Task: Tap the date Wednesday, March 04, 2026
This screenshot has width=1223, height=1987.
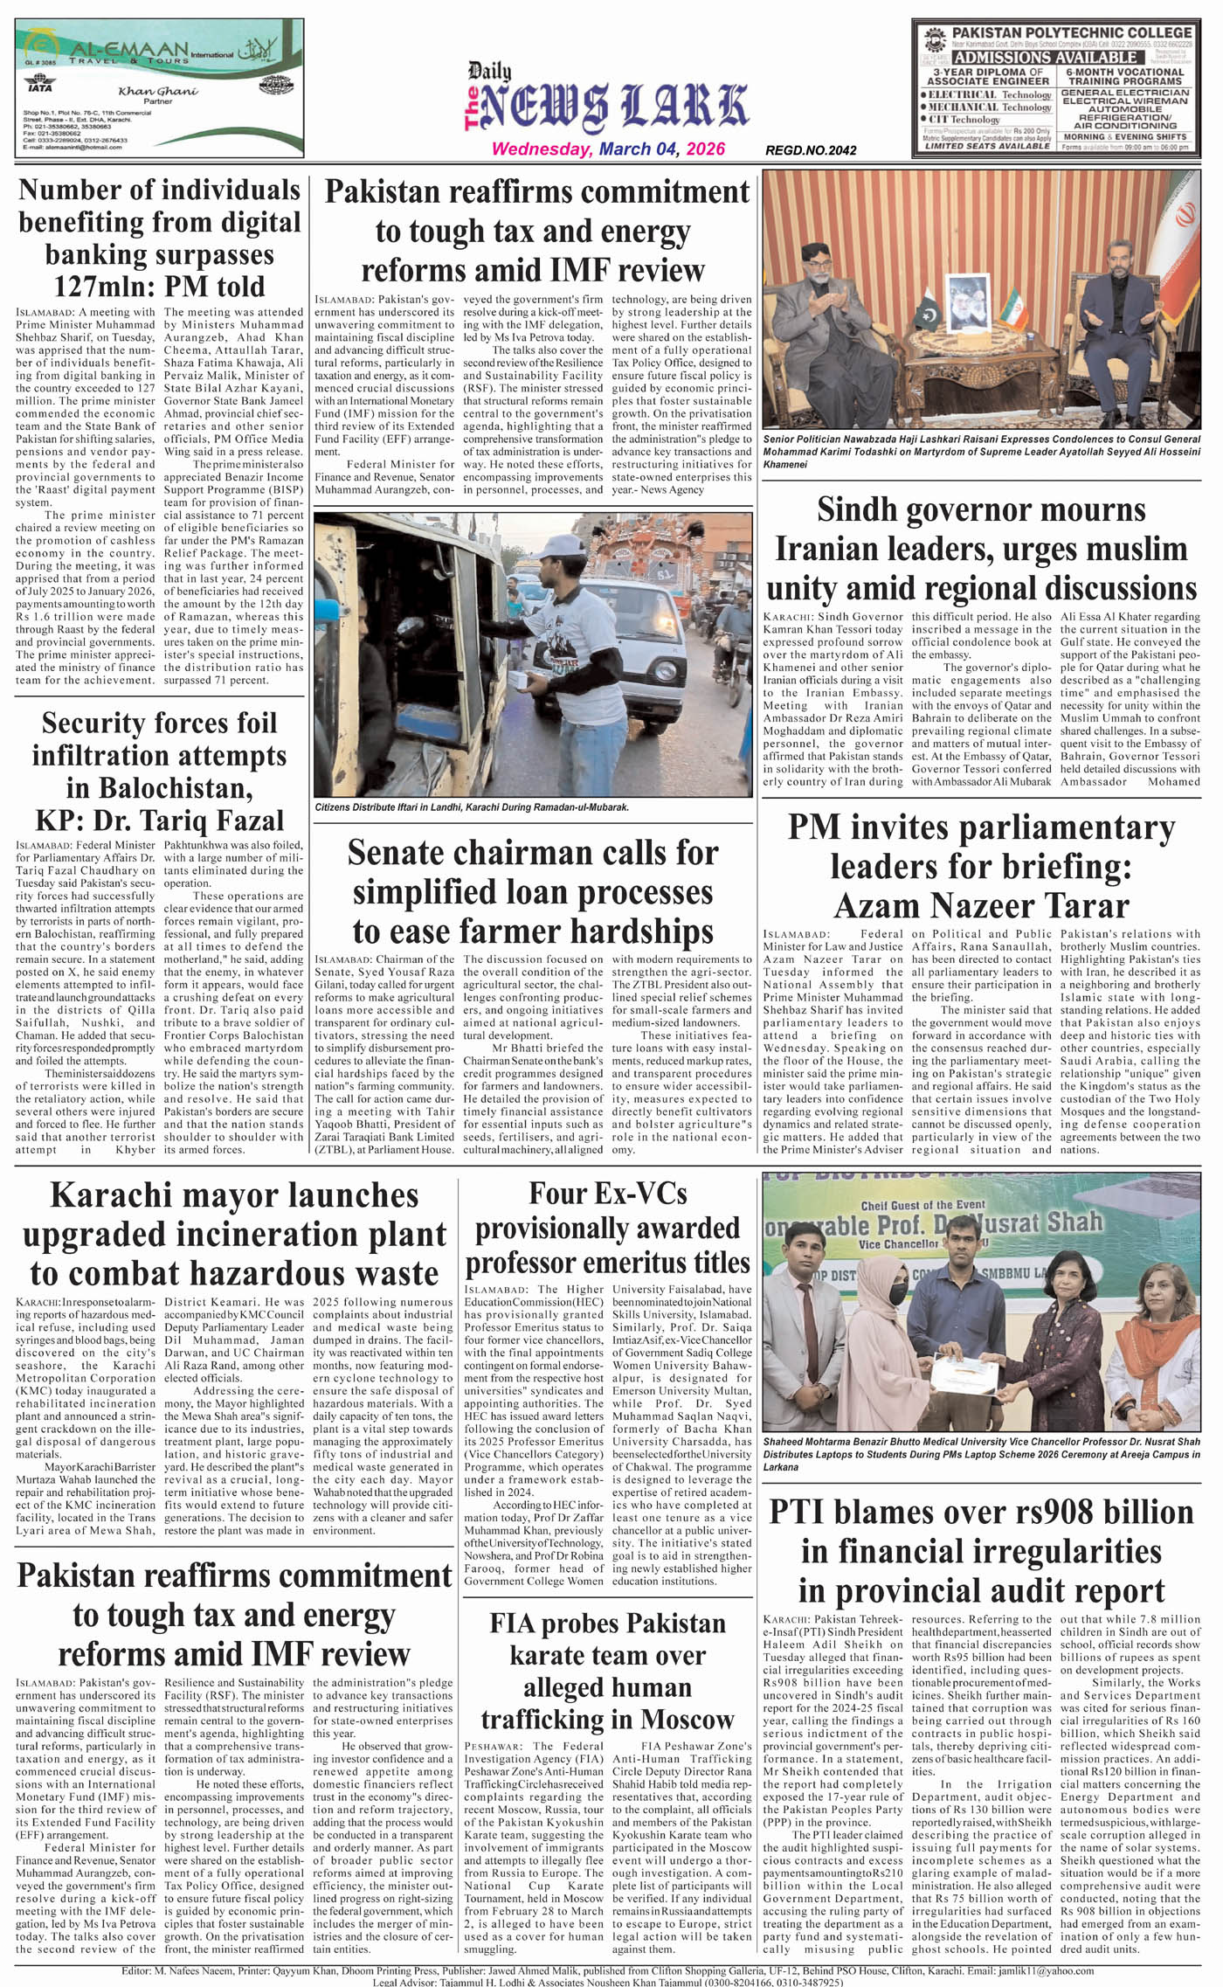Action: [x=608, y=149]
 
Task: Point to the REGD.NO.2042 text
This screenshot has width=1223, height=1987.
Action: [x=810, y=151]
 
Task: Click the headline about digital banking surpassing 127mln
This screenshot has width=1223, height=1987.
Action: [x=159, y=238]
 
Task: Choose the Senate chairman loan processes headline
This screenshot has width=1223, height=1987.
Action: [x=533, y=891]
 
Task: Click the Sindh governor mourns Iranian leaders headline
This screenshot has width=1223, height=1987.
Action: [x=981, y=549]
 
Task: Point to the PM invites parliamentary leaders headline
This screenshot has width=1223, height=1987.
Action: [x=981, y=866]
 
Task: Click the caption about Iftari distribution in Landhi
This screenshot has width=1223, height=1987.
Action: [x=472, y=807]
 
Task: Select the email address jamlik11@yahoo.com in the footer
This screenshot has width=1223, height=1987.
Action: [x=1055, y=1971]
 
